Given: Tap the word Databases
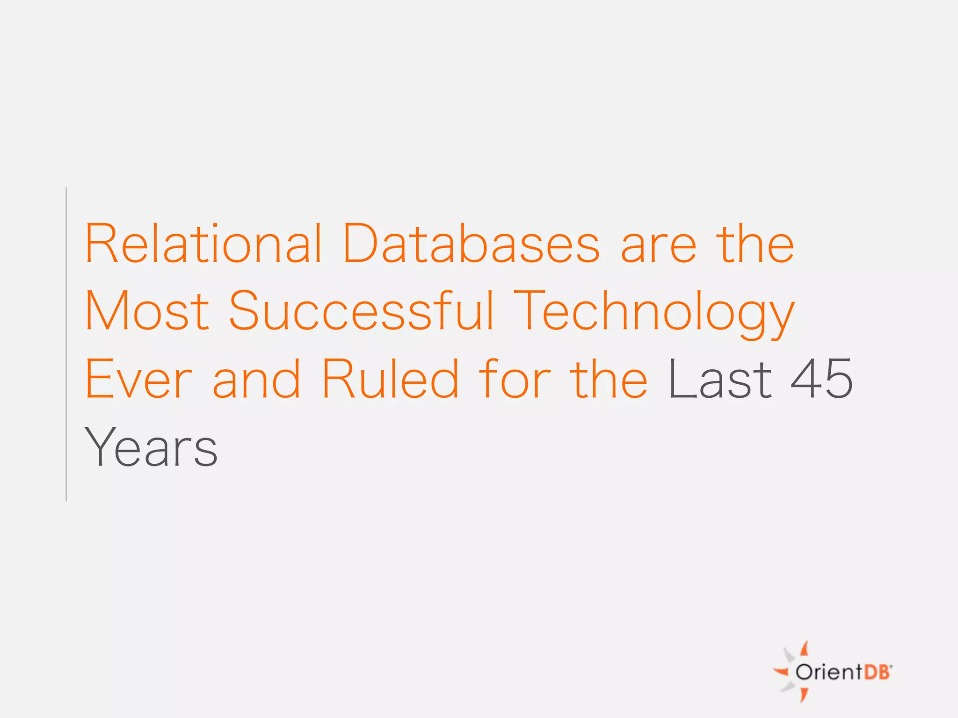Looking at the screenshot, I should point(471,244).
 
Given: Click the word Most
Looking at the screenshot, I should point(147,310).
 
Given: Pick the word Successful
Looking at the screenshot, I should point(361,310).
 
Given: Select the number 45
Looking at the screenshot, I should point(822,379).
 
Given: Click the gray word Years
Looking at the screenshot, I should point(151,447).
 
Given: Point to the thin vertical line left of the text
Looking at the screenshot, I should point(66,344).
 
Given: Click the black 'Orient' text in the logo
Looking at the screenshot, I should point(828,672).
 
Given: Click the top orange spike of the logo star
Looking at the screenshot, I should point(804,648).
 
